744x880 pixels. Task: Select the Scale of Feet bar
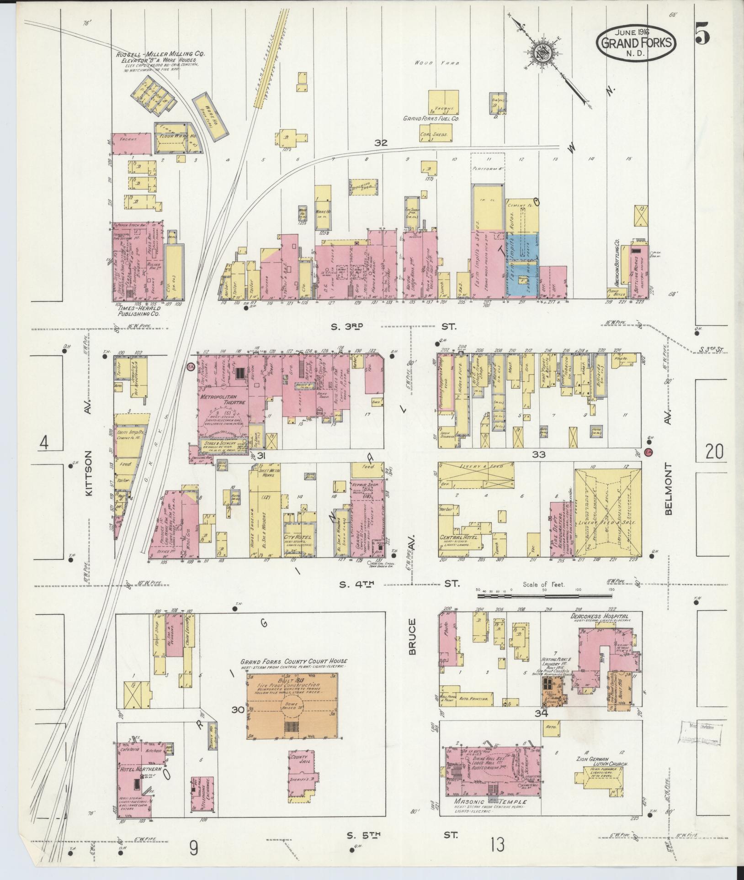pos(544,595)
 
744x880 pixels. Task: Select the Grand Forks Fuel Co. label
pos(430,118)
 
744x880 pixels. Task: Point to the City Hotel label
pos(298,536)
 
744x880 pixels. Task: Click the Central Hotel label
pos(458,537)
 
